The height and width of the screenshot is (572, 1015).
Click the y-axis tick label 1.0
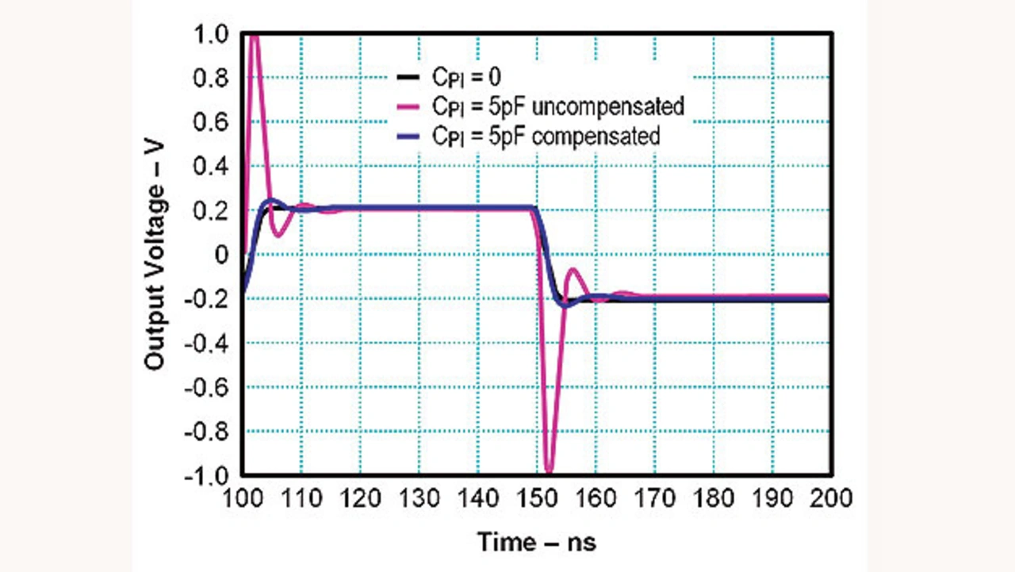(210, 35)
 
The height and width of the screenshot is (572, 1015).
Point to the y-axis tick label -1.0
(206, 476)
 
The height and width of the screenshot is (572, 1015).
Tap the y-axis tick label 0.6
(210, 123)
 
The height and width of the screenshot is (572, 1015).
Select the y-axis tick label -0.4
(206, 344)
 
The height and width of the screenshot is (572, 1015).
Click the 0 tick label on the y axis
(222, 255)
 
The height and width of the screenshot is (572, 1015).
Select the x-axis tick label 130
(419, 499)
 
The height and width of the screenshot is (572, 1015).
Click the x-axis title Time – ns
(536, 543)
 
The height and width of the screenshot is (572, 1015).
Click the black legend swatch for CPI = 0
(408, 77)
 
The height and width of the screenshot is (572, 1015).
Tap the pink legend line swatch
(408, 106)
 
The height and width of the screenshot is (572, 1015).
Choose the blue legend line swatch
(408, 136)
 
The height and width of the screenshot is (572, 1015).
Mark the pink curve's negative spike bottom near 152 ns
(549, 471)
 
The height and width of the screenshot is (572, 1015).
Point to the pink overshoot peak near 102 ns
(255, 37)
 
